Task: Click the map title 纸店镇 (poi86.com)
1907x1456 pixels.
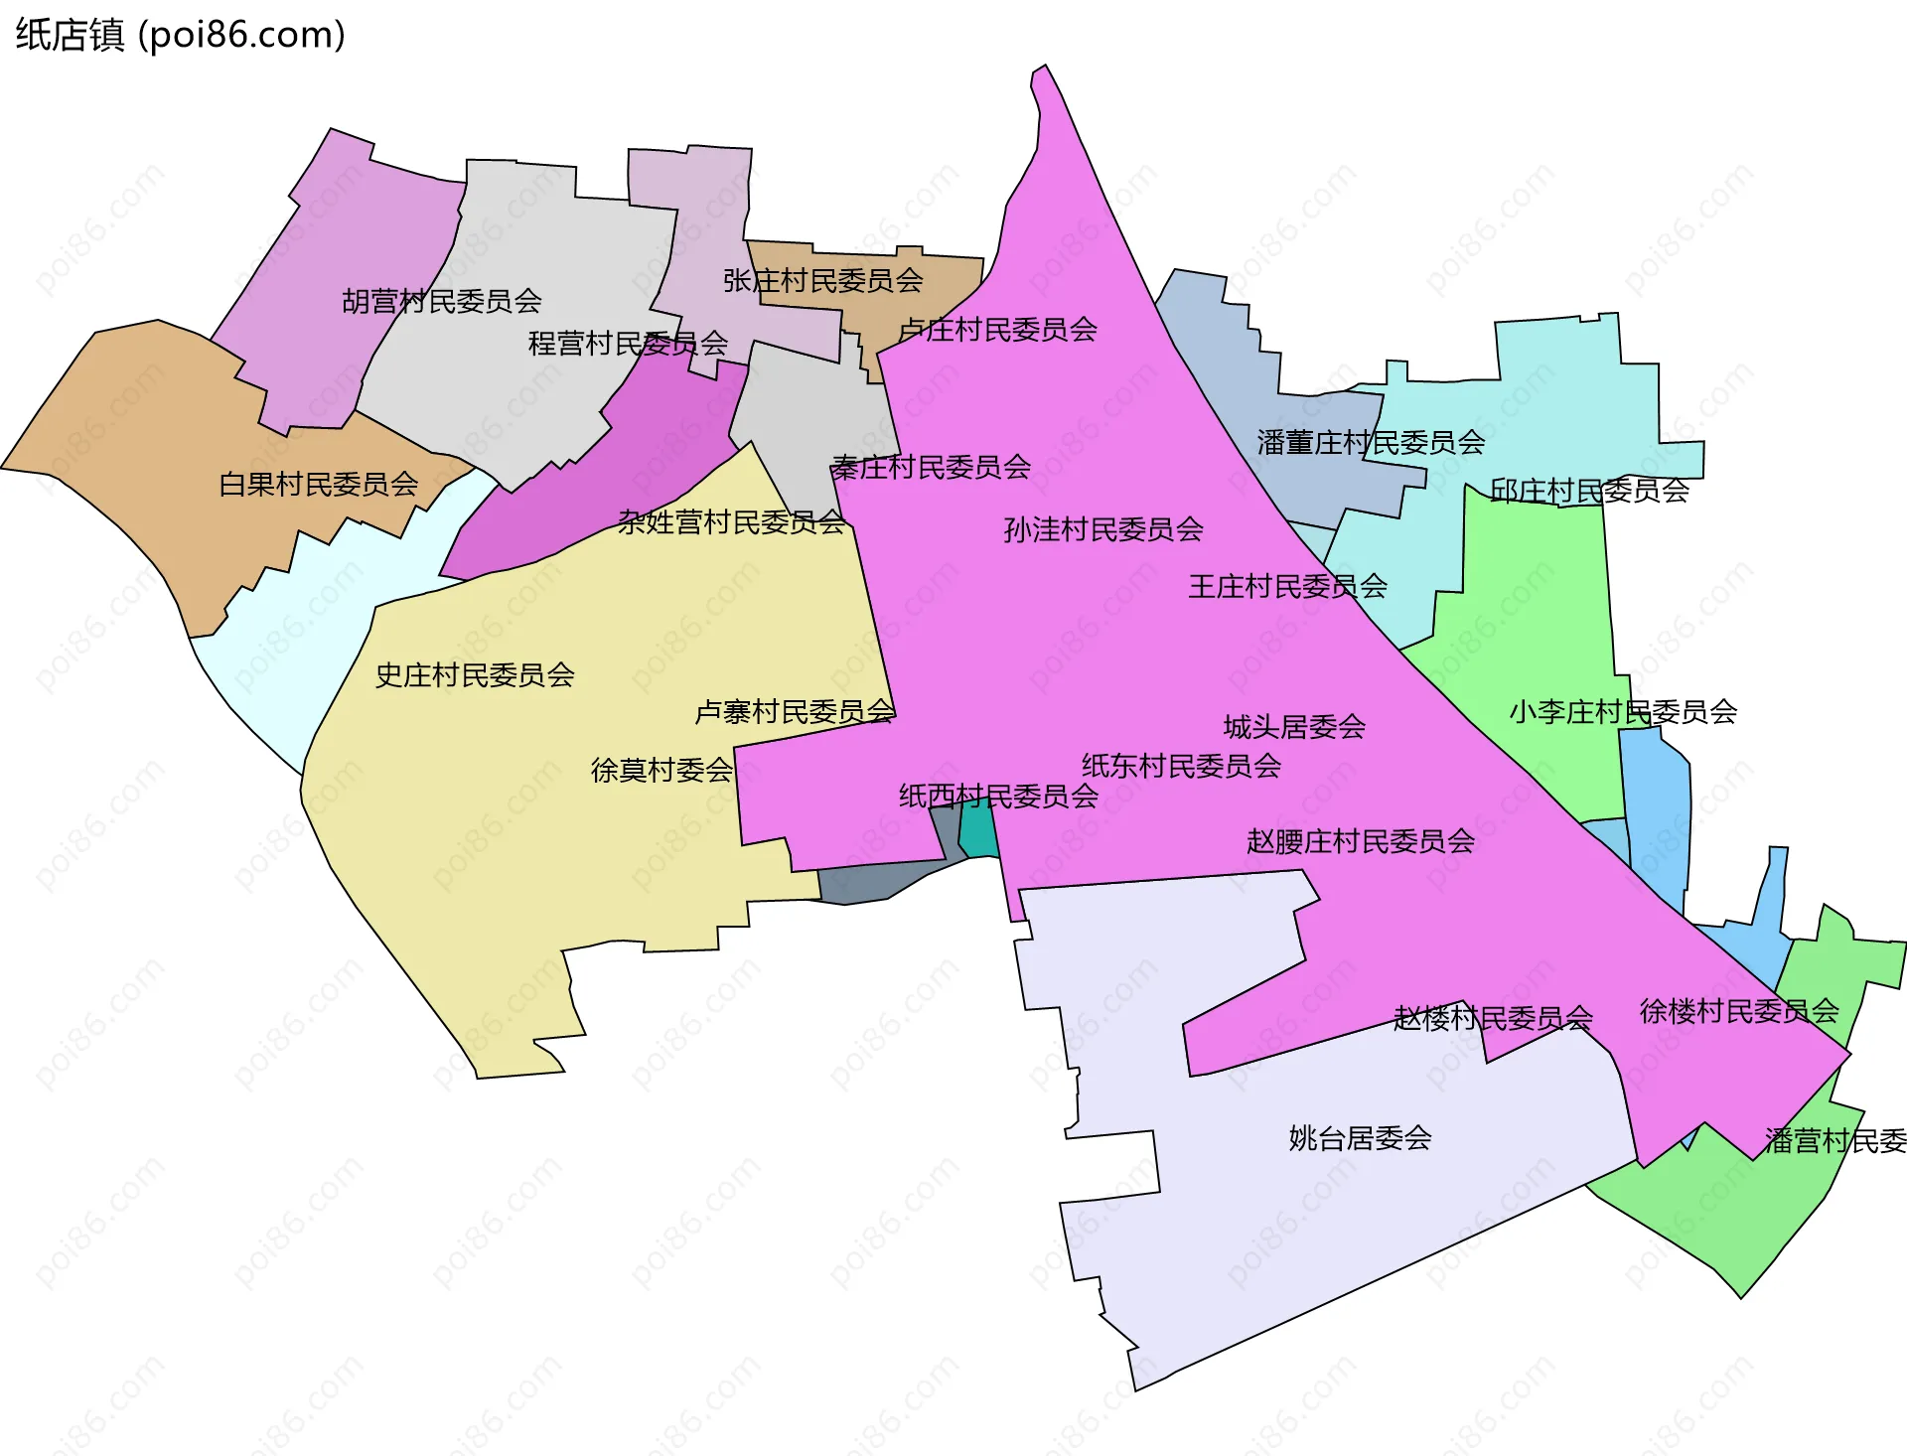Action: pyautogui.click(x=180, y=35)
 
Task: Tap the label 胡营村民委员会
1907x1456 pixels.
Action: pyautogui.click(x=442, y=301)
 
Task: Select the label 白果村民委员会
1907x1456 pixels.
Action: pyautogui.click(x=319, y=485)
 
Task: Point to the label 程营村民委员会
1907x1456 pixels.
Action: pyautogui.click(x=628, y=344)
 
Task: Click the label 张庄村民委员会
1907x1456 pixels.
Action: pyautogui.click(x=823, y=281)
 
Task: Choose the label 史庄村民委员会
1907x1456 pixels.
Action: pyautogui.click(x=475, y=675)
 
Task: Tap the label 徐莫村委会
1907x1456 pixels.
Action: pyautogui.click(x=661, y=770)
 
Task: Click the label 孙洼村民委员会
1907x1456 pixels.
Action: pyautogui.click(x=1103, y=529)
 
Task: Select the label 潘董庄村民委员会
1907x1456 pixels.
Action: pyautogui.click(x=1371, y=442)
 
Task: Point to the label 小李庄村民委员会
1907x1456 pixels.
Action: pyautogui.click(x=1623, y=711)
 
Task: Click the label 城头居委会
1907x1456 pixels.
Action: pyautogui.click(x=1294, y=727)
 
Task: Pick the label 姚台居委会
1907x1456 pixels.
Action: pyautogui.click(x=1360, y=1138)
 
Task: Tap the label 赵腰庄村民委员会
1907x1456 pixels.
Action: pyautogui.click(x=1361, y=841)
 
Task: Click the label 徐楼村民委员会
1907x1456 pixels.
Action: pyautogui.click(x=1739, y=1011)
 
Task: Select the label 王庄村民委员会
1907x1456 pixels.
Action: pyautogui.click(x=1288, y=586)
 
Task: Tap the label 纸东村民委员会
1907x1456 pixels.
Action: pyautogui.click(x=1181, y=766)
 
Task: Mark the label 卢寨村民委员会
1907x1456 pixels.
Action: pyautogui.click(x=795, y=711)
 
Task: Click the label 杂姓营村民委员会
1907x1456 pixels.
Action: pyautogui.click(x=731, y=522)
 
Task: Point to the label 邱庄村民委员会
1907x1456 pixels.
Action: pyautogui.click(x=1589, y=491)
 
